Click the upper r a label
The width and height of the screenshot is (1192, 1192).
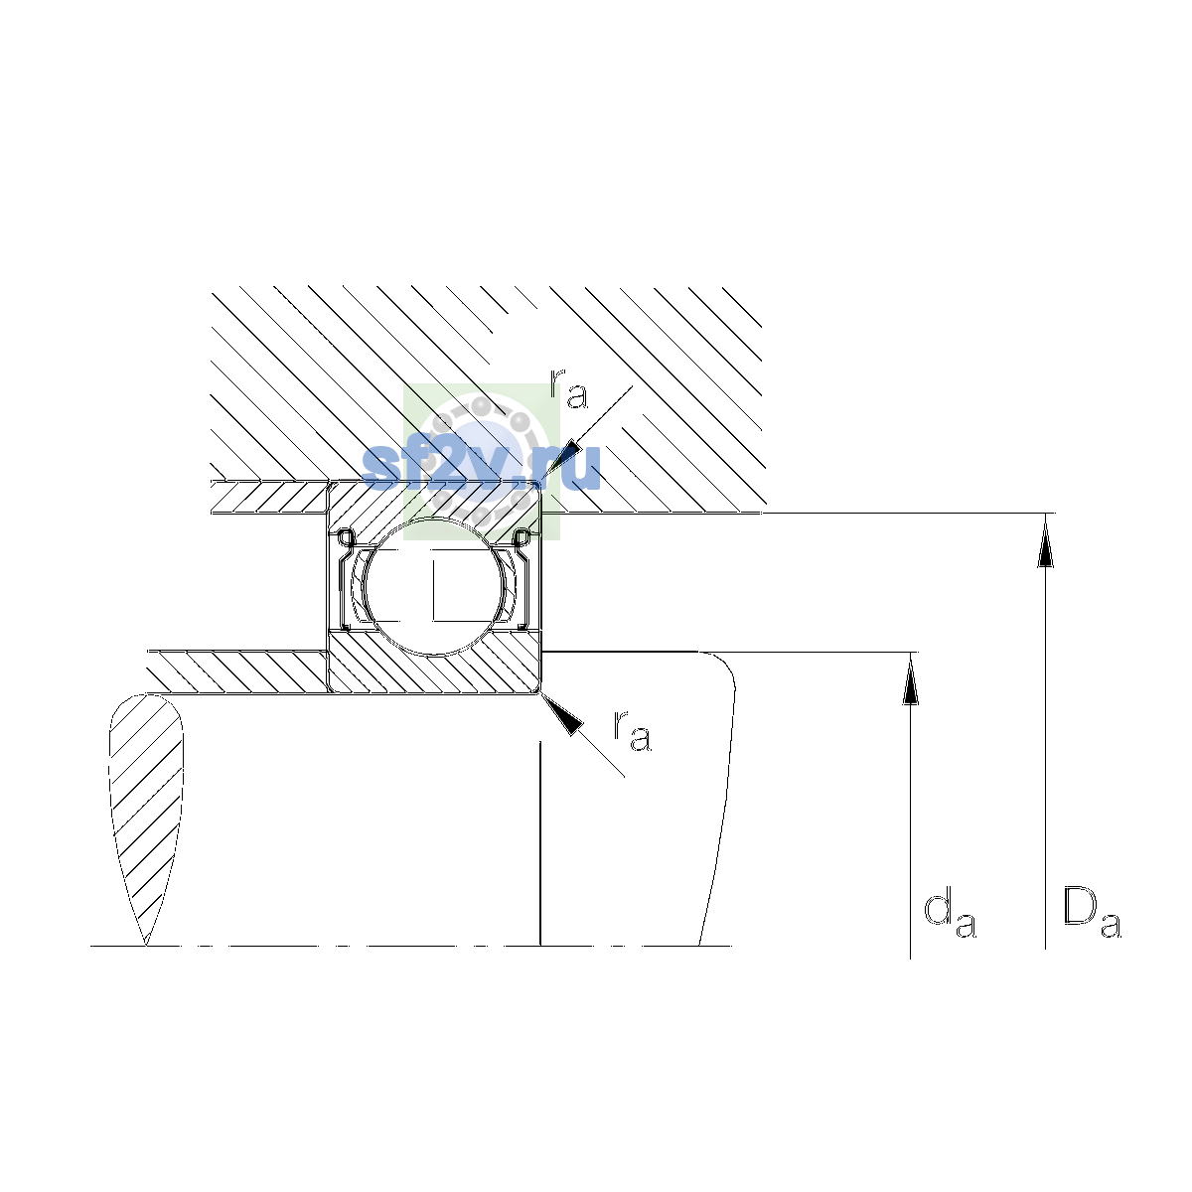(x=568, y=388)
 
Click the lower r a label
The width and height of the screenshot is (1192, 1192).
(x=632, y=731)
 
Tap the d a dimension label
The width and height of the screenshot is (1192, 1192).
(x=949, y=914)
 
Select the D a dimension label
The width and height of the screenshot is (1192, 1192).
(x=1091, y=913)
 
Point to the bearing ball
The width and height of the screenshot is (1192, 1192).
(x=434, y=586)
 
